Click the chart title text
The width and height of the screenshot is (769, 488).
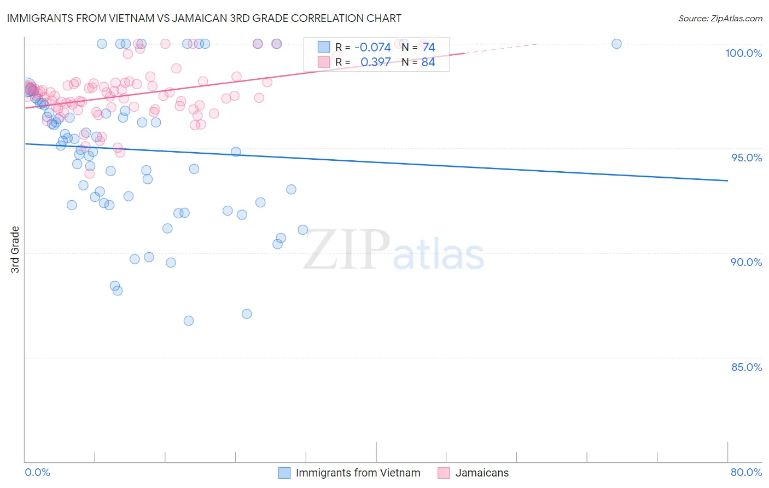point(205,18)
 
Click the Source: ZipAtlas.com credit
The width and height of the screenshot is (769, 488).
point(720,18)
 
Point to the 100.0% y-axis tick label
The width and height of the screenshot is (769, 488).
point(743,53)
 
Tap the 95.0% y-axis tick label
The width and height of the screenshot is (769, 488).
point(747,158)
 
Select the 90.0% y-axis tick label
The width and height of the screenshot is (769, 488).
point(746,262)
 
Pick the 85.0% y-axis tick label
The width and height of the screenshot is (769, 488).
point(747,367)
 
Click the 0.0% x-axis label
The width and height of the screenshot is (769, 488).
point(37,472)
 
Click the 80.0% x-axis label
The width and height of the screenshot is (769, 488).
point(746,472)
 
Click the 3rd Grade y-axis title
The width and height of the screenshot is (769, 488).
point(15,249)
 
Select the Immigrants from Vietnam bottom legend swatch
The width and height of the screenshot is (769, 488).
point(284,473)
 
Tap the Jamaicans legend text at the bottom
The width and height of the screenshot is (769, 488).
point(482,473)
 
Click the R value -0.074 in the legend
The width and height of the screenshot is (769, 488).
point(372,47)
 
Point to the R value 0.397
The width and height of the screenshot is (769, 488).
point(375,62)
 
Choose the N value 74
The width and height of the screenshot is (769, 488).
point(428,47)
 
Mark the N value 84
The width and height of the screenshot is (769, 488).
point(428,62)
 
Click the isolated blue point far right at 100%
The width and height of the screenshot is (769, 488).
point(616,44)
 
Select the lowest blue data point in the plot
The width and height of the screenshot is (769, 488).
point(189,321)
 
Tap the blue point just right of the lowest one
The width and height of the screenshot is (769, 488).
point(247,314)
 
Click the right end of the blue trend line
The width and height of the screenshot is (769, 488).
point(727,181)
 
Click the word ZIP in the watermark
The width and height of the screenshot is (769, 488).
point(347,251)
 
